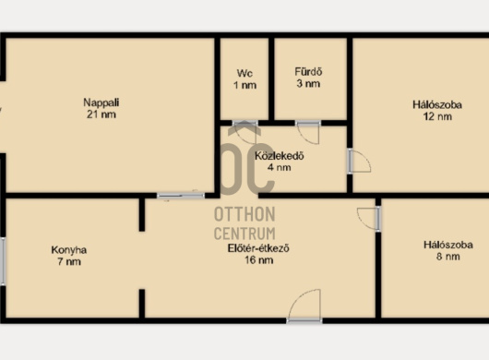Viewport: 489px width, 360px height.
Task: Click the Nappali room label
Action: tap(101, 102)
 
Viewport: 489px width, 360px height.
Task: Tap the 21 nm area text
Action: tap(101, 114)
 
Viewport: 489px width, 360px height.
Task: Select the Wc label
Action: tap(244, 73)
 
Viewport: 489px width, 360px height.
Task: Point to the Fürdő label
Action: tap(308, 72)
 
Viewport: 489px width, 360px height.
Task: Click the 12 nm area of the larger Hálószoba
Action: tap(437, 116)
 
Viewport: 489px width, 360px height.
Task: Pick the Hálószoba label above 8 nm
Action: tap(448, 245)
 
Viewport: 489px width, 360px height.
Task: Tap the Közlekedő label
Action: tap(280, 156)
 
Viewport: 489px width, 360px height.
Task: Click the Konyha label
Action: tap(69, 250)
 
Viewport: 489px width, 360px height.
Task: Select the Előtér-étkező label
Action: tap(258, 248)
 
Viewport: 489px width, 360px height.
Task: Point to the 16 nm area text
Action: tap(259, 260)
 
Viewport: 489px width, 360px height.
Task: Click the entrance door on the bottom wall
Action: tap(304, 306)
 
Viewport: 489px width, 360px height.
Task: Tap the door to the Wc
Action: tap(245, 132)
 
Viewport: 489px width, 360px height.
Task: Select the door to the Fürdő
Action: tap(308, 132)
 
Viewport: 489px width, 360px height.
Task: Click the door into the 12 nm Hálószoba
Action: tap(359, 161)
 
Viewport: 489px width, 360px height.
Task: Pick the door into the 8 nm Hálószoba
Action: tap(369, 219)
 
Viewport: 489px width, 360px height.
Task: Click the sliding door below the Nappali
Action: tap(181, 196)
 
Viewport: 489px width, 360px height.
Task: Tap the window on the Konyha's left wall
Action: tap(3, 261)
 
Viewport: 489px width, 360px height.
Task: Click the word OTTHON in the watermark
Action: tap(244, 214)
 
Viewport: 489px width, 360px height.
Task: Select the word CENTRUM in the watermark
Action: tap(244, 234)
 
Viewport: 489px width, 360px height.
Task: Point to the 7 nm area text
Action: tap(69, 262)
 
